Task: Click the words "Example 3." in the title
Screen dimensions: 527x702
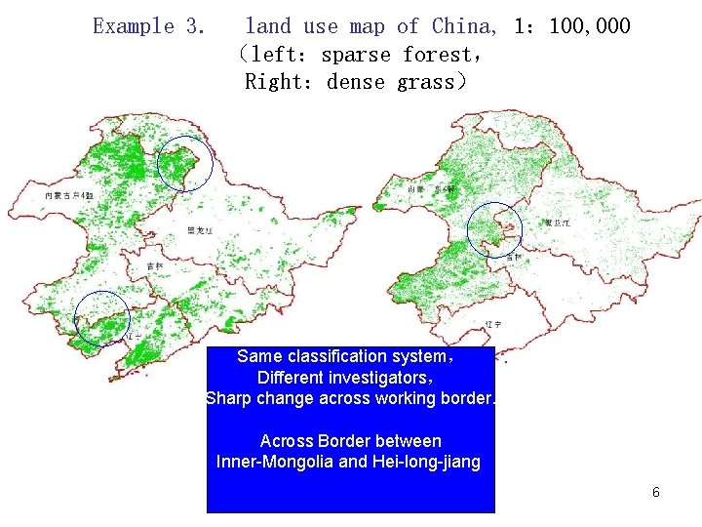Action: click(148, 26)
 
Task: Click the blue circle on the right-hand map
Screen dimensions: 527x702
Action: click(495, 230)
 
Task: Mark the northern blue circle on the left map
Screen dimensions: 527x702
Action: click(184, 163)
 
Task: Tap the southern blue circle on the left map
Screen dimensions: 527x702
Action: click(102, 318)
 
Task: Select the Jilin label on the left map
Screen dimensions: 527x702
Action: click(155, 265)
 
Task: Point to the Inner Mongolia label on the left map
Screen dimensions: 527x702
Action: click(69, 196)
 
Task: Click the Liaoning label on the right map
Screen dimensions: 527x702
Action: click(520, 323)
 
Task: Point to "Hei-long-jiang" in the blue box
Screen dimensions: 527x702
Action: click(426, 462)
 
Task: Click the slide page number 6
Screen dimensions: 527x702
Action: click(655, 492)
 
